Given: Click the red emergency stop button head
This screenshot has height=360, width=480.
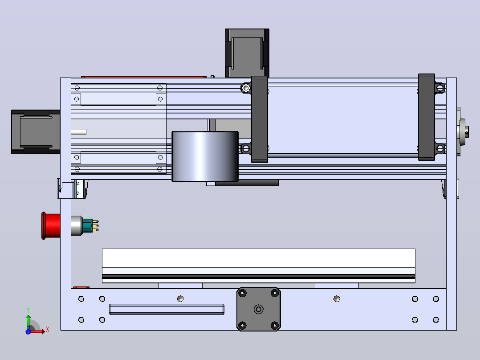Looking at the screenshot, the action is [51, 225].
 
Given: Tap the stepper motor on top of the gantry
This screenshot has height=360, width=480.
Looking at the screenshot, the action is [247, 53].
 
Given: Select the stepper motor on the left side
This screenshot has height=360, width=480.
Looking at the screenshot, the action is [36, 132].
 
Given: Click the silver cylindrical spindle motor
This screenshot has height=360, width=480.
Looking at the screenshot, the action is [205, 156].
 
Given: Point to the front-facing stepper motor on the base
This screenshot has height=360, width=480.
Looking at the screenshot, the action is [259, 309].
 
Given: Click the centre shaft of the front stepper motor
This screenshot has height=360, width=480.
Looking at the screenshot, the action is [259, 309].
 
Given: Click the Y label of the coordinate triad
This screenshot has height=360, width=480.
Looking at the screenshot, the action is [28, 310].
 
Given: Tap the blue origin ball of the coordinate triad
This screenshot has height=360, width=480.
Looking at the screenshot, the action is [28, 331].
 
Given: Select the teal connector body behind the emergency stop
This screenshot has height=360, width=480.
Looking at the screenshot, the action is [87, 225].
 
